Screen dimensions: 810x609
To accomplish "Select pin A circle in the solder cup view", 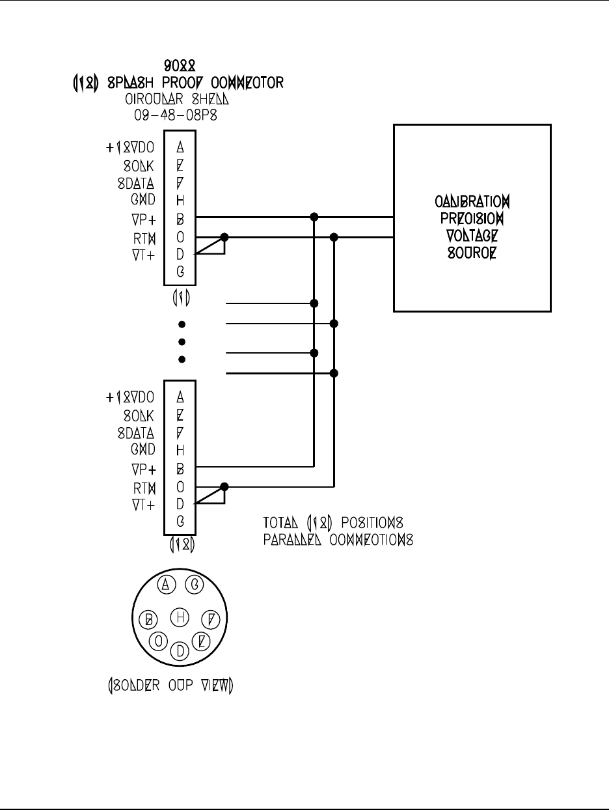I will [x=166, y=585].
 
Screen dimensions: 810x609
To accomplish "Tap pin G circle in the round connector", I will [x=193, y=585].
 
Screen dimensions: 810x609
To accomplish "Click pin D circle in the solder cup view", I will [x=180, y=650].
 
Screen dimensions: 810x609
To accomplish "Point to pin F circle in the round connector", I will [x=211, y=619].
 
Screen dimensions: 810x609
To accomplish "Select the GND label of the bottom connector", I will [x=142, y=449].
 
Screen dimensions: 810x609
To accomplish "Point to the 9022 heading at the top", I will [x=180, y=66].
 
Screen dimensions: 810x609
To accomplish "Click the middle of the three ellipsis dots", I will [x=182, y=342].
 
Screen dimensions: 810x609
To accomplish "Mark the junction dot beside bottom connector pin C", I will [x=224, y=486].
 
